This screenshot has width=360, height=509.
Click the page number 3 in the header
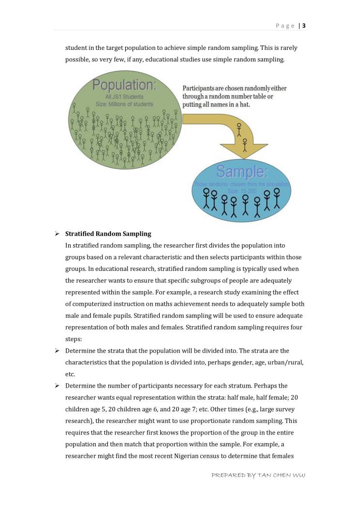click(304, 26)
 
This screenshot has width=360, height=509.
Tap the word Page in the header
click(285, 26)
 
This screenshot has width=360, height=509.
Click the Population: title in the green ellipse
click(124, 85)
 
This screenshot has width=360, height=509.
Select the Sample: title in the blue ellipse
click(241, 172)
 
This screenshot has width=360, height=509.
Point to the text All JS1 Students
click(124, 97)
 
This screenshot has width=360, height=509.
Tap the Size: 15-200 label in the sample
click(242, 191)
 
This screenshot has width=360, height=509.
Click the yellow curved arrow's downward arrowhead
click(244, 148)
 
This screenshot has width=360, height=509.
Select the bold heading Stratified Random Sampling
click(108, 234)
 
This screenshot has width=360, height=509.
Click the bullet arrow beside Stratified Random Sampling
click(57, 234)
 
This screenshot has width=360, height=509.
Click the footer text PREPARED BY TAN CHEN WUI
click(258, 476)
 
